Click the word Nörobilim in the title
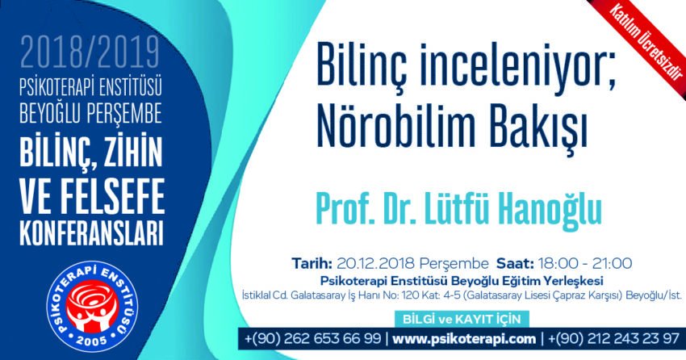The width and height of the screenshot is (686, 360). click(x=396, y=128)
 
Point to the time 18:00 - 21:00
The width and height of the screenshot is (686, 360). click(x=585, y=263)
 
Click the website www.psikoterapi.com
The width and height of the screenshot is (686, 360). click(x=464, y=338)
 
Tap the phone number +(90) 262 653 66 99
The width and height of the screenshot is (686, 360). click(x=312, y=338)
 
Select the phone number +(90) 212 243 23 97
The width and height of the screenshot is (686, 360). click(x=613, y=338)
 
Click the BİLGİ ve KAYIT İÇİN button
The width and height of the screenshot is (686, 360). click(x=462, y=319)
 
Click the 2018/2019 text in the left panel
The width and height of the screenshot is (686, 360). click(x=90, y=52)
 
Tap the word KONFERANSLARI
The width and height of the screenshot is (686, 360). click(x=91, y=234)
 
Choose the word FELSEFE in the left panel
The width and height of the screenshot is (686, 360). click(x=113, y=195)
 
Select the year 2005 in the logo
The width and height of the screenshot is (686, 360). click(x=92, y=340)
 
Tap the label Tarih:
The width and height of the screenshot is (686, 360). click(x=312, y=263)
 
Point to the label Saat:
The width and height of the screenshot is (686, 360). click(x=515, y=263)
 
